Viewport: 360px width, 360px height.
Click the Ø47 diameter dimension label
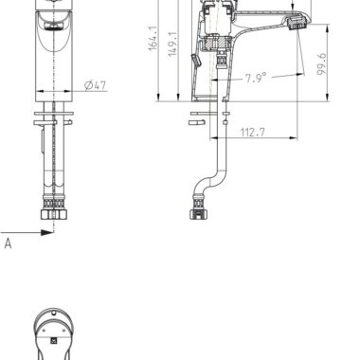click(96, 85)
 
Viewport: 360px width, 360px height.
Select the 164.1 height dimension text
click(153, 38)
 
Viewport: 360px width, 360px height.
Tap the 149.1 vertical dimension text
click(172, 44)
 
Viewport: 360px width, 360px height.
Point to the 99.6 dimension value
click(321, 64)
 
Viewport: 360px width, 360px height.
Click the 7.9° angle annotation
click(256, 78)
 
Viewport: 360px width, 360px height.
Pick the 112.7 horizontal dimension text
click(253, 132)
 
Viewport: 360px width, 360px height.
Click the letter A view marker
click(8, 243)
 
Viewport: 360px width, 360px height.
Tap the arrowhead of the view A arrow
click(47, 233)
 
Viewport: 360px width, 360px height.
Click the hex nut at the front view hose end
click(54, 215)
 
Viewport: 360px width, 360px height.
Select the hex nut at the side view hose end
click(199, 215)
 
